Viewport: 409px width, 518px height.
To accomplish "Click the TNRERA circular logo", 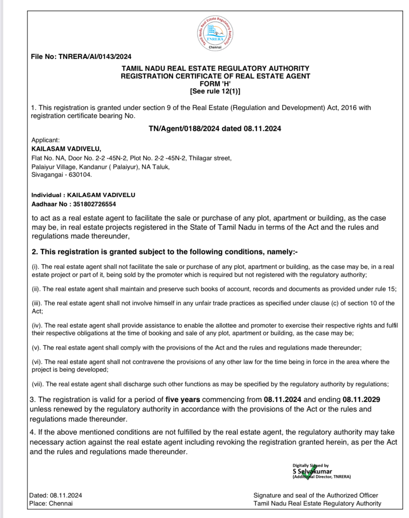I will (x=215, y=33).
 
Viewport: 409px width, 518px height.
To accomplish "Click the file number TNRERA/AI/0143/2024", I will (x=95, y=57).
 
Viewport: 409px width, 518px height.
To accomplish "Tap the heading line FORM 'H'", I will (x=215, y=84).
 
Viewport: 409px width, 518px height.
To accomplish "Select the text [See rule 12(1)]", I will (x=215, y=91).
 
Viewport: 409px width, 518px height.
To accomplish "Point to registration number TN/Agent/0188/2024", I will (x=184, y=129).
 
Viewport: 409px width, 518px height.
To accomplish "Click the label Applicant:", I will (x=46, y=140).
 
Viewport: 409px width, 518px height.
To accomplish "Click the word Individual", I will (x=46, y=195).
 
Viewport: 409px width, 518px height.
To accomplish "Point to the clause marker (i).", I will (x=35, y=267).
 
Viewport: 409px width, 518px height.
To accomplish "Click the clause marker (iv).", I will (x=37, y=325).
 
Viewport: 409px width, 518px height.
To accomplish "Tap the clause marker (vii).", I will (x=38, y=384).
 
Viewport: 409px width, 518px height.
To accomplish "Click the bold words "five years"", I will (x=182, y=399).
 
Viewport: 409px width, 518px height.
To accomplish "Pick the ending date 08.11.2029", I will (x=361, y=399).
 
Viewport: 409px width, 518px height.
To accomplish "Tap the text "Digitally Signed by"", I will (x=310, y=465).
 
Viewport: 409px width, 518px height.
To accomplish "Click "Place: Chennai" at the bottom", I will (x=51, y=503).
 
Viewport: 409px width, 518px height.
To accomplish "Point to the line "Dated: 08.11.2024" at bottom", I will (x=56, y=495).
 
